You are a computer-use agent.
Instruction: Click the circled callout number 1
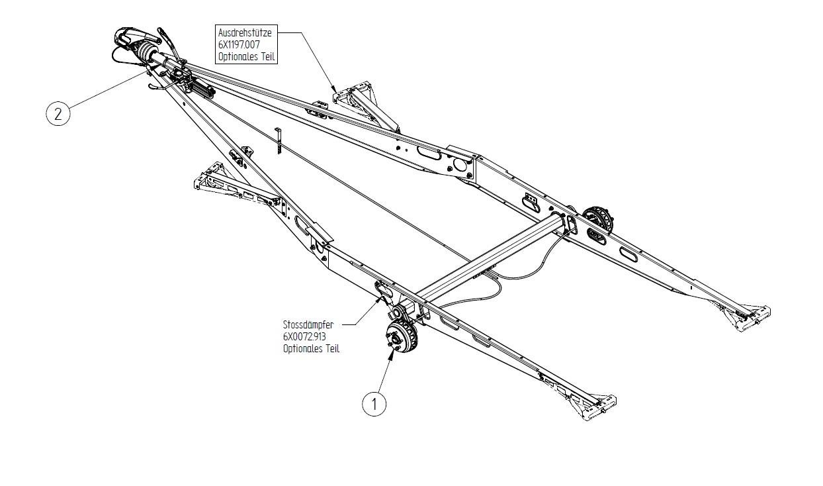coord(374,403)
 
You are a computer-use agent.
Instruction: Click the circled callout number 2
coord(58,114)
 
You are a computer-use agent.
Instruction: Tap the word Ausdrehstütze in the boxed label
coord(244,32)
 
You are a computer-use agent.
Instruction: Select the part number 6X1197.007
coord(239,44)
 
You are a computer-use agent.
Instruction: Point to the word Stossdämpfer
coord(308,325)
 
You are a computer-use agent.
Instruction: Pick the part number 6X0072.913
coord(305,336)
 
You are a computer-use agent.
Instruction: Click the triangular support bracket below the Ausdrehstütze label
coord(361,99)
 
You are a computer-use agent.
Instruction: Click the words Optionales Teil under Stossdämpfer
coord(311,348)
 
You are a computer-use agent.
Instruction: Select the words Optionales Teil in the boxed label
coord(246,57)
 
